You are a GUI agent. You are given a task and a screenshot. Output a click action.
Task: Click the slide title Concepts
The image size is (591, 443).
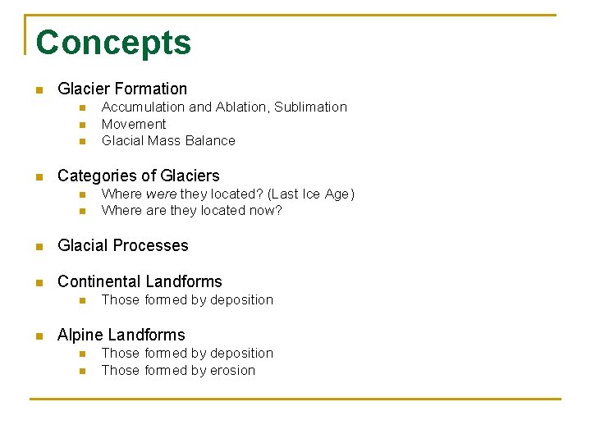[x=113, y=43]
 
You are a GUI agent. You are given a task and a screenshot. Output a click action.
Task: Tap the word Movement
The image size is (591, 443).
[x=134, y=125]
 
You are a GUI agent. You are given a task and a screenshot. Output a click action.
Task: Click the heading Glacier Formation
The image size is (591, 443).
[x=122, y=89]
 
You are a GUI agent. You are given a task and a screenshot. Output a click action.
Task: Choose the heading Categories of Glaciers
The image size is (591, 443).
[x=139, y=176]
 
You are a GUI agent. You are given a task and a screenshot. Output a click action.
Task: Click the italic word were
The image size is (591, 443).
[x=160, y=194]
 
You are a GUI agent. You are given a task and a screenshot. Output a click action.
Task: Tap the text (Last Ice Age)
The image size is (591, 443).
[x=311, y=194]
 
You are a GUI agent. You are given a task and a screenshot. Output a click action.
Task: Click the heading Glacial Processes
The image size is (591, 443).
[x=123, y=245]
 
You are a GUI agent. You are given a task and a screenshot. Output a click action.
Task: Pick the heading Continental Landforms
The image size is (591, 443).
[x=140, y=281]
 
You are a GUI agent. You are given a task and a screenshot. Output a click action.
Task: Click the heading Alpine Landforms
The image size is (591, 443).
[x=121, y=335]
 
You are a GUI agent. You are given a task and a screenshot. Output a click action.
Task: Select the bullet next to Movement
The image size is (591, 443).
[x=82, y=125]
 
